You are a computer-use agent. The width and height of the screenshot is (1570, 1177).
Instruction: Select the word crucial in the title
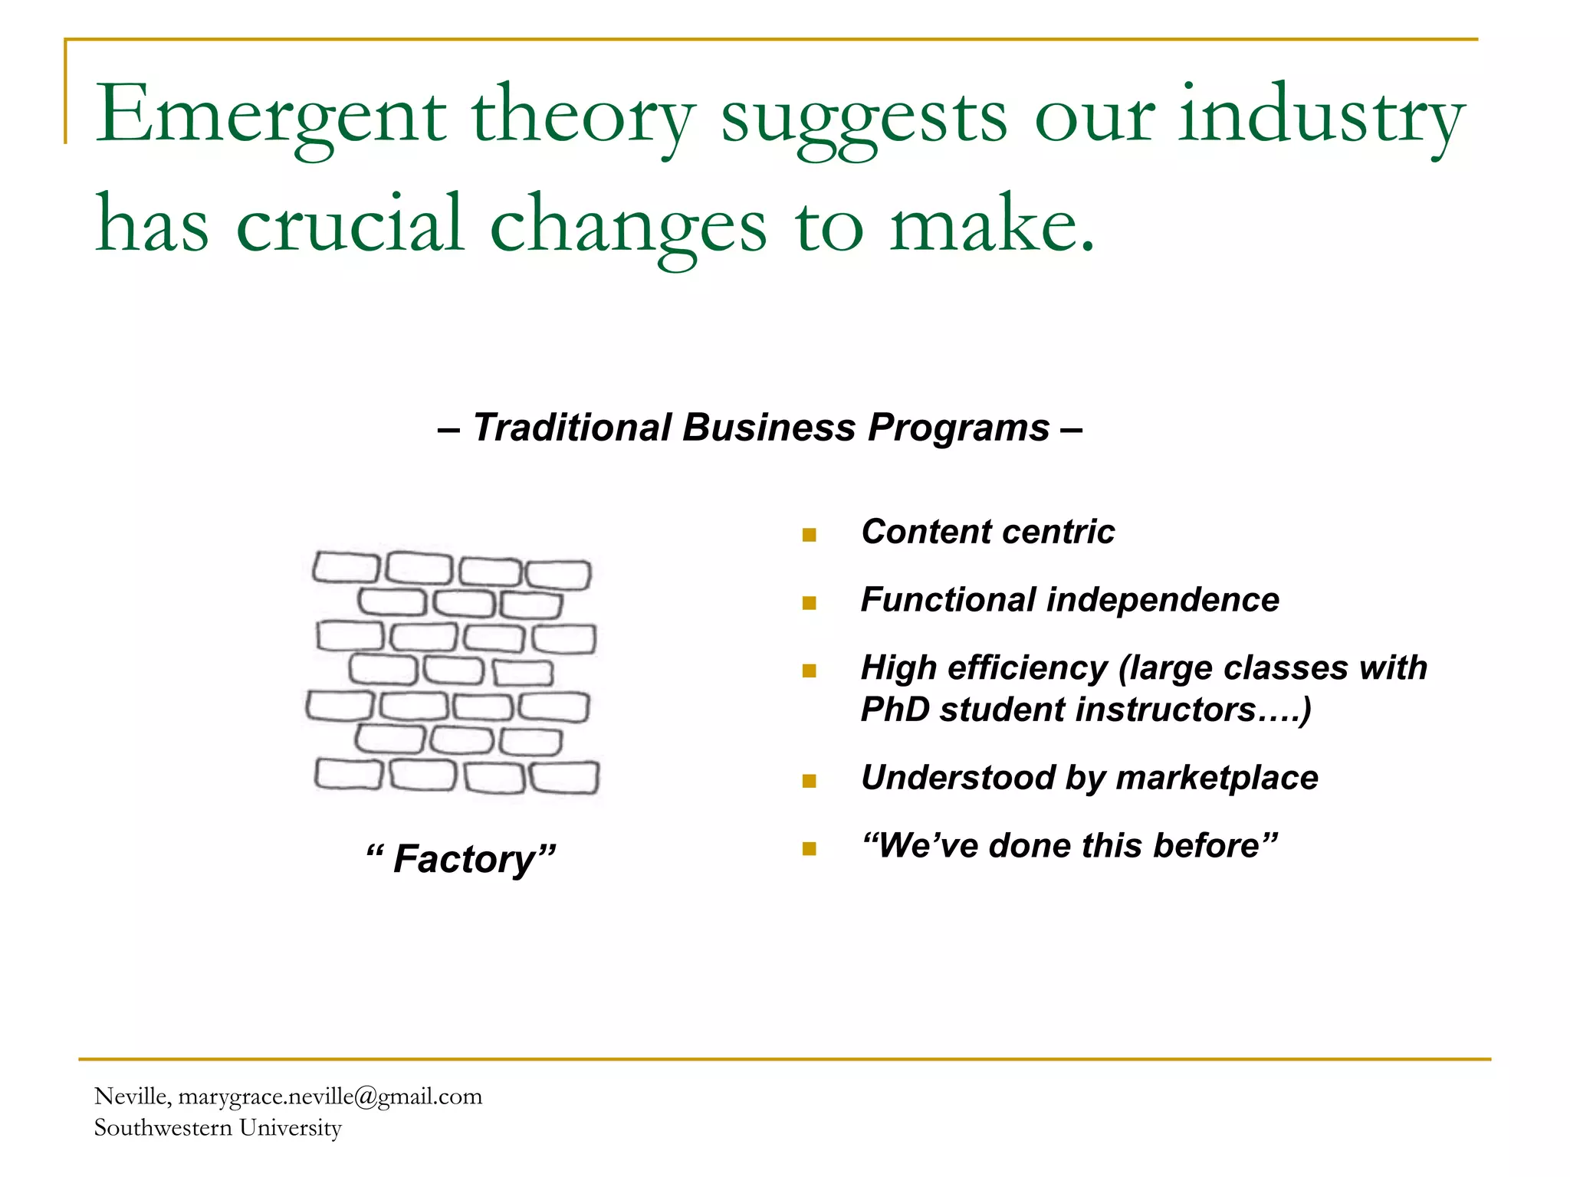350,224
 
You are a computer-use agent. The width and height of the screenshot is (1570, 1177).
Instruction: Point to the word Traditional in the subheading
572,428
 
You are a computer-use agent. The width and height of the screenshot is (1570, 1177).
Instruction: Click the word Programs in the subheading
958,428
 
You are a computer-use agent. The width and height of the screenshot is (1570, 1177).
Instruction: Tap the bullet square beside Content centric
809,535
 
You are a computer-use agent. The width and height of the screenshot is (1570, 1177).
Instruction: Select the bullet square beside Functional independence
809,603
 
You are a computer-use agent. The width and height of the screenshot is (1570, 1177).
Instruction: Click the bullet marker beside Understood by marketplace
809,781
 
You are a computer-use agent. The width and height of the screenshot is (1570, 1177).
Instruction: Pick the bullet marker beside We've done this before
809,848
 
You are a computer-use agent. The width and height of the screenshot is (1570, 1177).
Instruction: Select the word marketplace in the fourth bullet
1217,778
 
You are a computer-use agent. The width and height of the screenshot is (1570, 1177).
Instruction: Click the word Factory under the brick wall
463,859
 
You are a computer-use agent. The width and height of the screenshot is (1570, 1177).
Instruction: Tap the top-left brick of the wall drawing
346,568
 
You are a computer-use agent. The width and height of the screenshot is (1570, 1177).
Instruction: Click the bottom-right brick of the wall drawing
565,778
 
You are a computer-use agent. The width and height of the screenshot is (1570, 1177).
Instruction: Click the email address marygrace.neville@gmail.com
330,1097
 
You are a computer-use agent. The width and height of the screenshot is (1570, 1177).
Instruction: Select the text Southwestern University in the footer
218,1128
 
